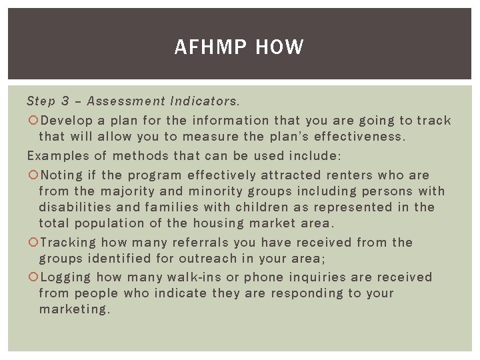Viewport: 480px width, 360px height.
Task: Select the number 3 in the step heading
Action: pyautogui.click(x=65, y=101)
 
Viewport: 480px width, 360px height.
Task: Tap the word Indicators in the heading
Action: pyautogui.click(x=204, y=101)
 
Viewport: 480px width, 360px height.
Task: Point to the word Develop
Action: pyautogui.click(x=67, y=121)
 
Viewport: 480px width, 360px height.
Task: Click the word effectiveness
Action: pyautogui.click(x=363, y=137)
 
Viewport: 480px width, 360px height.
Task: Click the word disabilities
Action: pyautogui.click(x=73, y=207)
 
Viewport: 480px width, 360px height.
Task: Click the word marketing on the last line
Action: pyautogui.click(x=74, y=309)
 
